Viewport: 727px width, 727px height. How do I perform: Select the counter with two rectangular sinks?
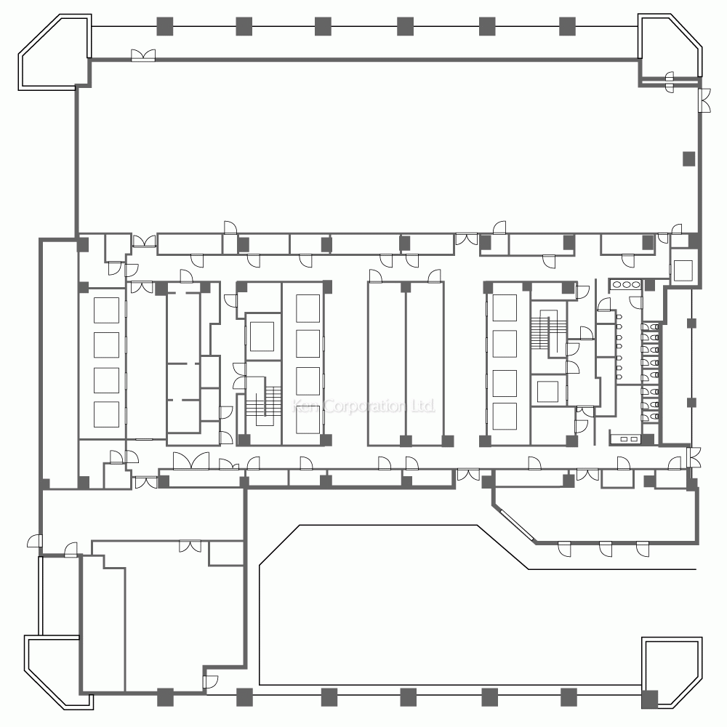625,438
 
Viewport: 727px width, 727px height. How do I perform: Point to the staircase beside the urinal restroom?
543,332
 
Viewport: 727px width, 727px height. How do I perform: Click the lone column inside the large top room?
689,159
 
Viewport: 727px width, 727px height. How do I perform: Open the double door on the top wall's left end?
143,55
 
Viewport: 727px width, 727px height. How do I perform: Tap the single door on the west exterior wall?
35,541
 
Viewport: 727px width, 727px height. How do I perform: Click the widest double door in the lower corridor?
191,462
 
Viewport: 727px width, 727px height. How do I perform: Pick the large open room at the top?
387,146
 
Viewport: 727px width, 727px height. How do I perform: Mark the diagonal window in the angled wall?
516,526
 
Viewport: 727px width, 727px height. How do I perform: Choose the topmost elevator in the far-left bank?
106,310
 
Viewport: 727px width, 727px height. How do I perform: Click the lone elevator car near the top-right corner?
683,270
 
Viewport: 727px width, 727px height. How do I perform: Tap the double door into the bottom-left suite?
190,546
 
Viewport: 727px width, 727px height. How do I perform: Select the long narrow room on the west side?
59,364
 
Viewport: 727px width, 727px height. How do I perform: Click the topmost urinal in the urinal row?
619,317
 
